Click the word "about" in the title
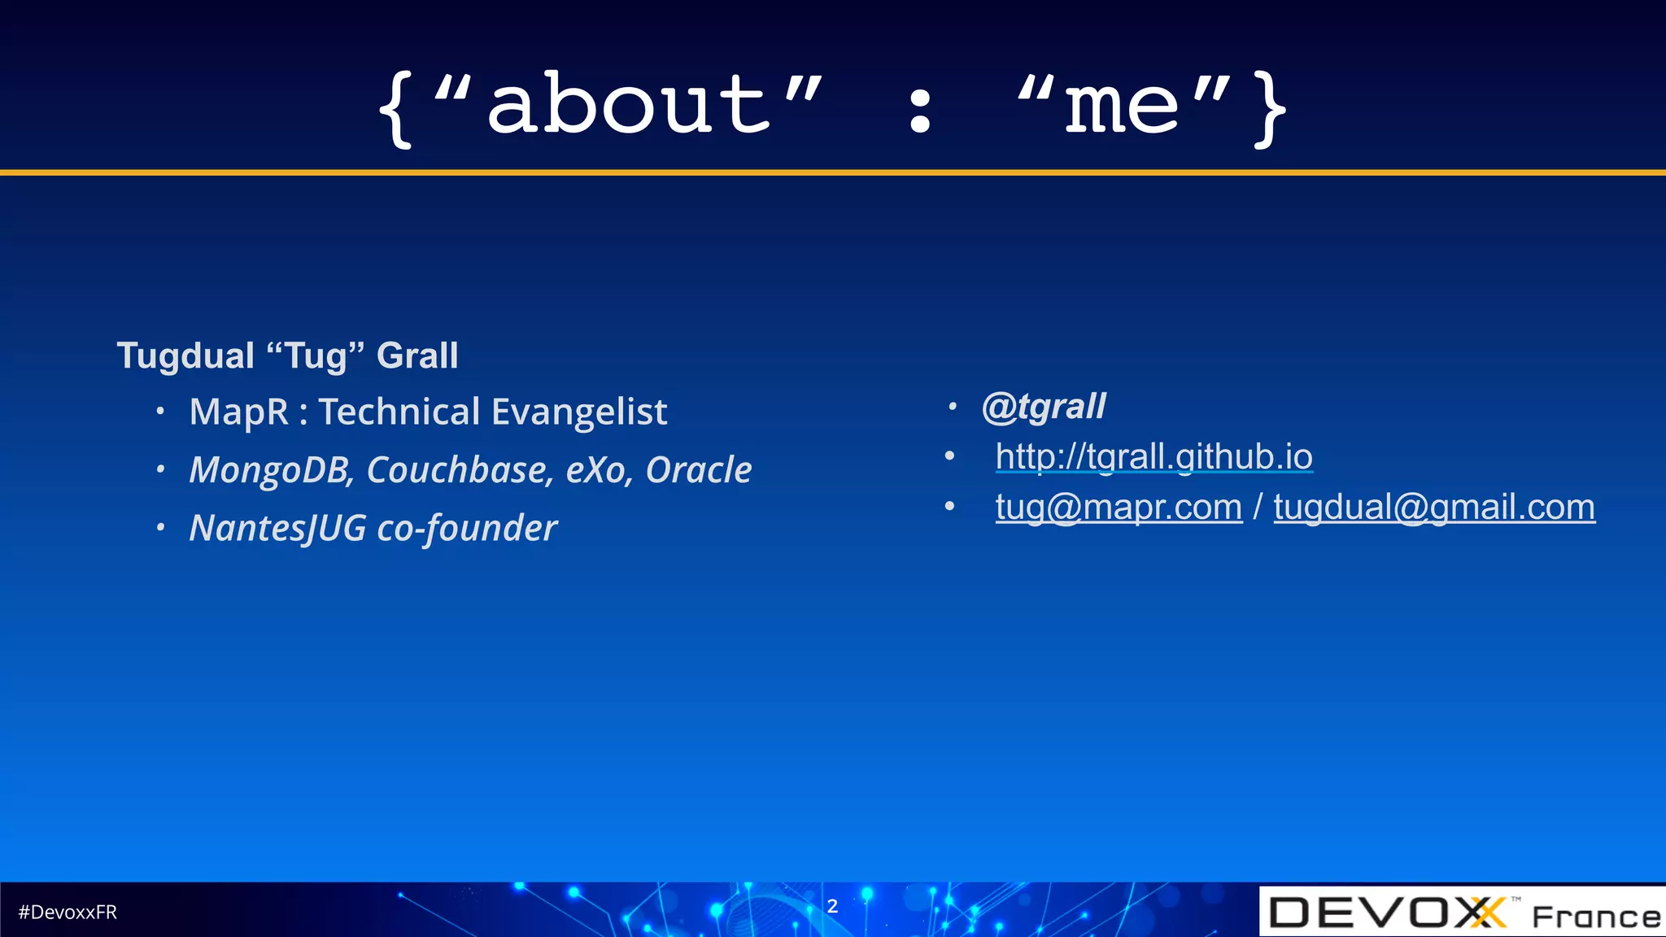point(628,106)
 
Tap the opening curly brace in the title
point(396,109)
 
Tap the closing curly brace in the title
point(1270,109)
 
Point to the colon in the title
point(920,111)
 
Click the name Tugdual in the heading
point(185,356)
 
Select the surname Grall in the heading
point(417,356)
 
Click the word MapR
point(238,412)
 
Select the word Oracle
point(698,470)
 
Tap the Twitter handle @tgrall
point(1044,407)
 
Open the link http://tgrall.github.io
point(1154,457)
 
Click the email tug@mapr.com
point(1119,508)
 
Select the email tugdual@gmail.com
point(1433,508)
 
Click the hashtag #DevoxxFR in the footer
point(68,913)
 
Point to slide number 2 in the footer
point(832,906)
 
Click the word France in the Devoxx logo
point(1595,917)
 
